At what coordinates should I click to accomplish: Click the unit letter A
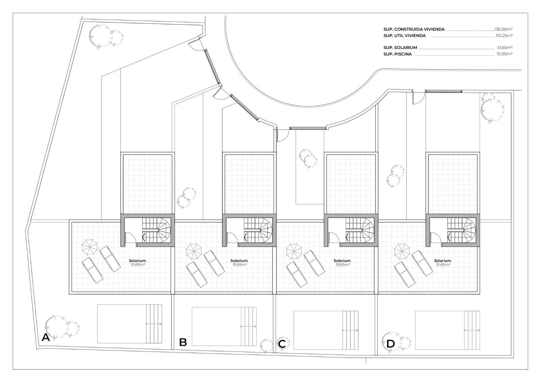point(46,337)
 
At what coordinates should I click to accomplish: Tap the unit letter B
point(183,342)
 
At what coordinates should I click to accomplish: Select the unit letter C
point(282,344)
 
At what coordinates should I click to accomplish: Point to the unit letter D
point(390,344)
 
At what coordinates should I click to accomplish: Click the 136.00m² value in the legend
point(503,29)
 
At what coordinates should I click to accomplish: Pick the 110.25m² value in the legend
point(504,35)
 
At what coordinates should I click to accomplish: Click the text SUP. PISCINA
point(398,54)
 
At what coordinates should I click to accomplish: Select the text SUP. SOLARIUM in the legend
point(400,48)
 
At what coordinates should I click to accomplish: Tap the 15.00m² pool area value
point(504,54)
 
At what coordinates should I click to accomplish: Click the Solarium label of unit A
point(137,261)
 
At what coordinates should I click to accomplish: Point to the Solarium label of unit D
point(443,261)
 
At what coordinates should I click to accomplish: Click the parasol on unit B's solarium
point(194,252)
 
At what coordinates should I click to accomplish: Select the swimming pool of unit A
point(130,324)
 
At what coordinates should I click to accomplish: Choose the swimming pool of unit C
point(326,330)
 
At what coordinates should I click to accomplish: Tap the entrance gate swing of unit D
point(419,98)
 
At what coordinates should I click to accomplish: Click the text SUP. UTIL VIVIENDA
point(404,35)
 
